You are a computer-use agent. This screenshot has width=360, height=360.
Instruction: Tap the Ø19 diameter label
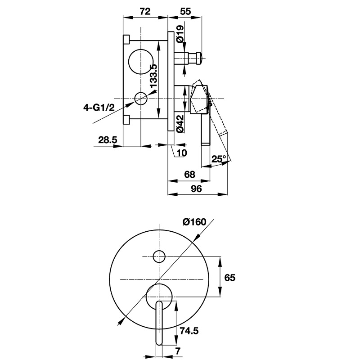[x=180, y=33]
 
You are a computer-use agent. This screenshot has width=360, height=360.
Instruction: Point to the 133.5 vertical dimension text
[x=153, y=76]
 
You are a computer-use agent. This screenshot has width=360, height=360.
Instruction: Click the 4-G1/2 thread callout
[x=99, y=107]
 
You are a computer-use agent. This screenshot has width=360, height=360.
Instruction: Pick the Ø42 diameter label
[x=180, y=124]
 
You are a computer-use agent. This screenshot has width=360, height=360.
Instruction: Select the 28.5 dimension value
[x=108, y=140]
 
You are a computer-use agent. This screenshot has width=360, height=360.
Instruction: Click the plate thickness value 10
[x=182, y=153]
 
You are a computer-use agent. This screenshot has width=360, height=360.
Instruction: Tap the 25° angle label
[x=219, y=159]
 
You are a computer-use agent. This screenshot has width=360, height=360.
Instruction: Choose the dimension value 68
[x=189, y=175]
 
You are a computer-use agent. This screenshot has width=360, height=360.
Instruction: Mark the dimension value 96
[x=196, y=189]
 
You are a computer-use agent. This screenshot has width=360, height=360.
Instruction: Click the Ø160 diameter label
[x=194, y=222]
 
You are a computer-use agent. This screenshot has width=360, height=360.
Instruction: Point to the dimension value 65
[x=230, y=278]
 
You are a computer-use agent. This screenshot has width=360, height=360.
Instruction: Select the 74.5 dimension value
[x=189, y=331]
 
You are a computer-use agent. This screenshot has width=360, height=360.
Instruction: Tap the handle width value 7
[x=178, y=351]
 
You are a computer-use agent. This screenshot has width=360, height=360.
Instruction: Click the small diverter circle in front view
[x=159, y=256]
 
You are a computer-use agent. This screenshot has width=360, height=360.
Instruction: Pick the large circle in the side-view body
[x=141, y=62]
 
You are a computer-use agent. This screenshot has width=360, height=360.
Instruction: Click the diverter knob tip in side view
[x=199, y=58]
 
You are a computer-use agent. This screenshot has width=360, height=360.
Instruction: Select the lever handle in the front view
[x=159, y=323]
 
